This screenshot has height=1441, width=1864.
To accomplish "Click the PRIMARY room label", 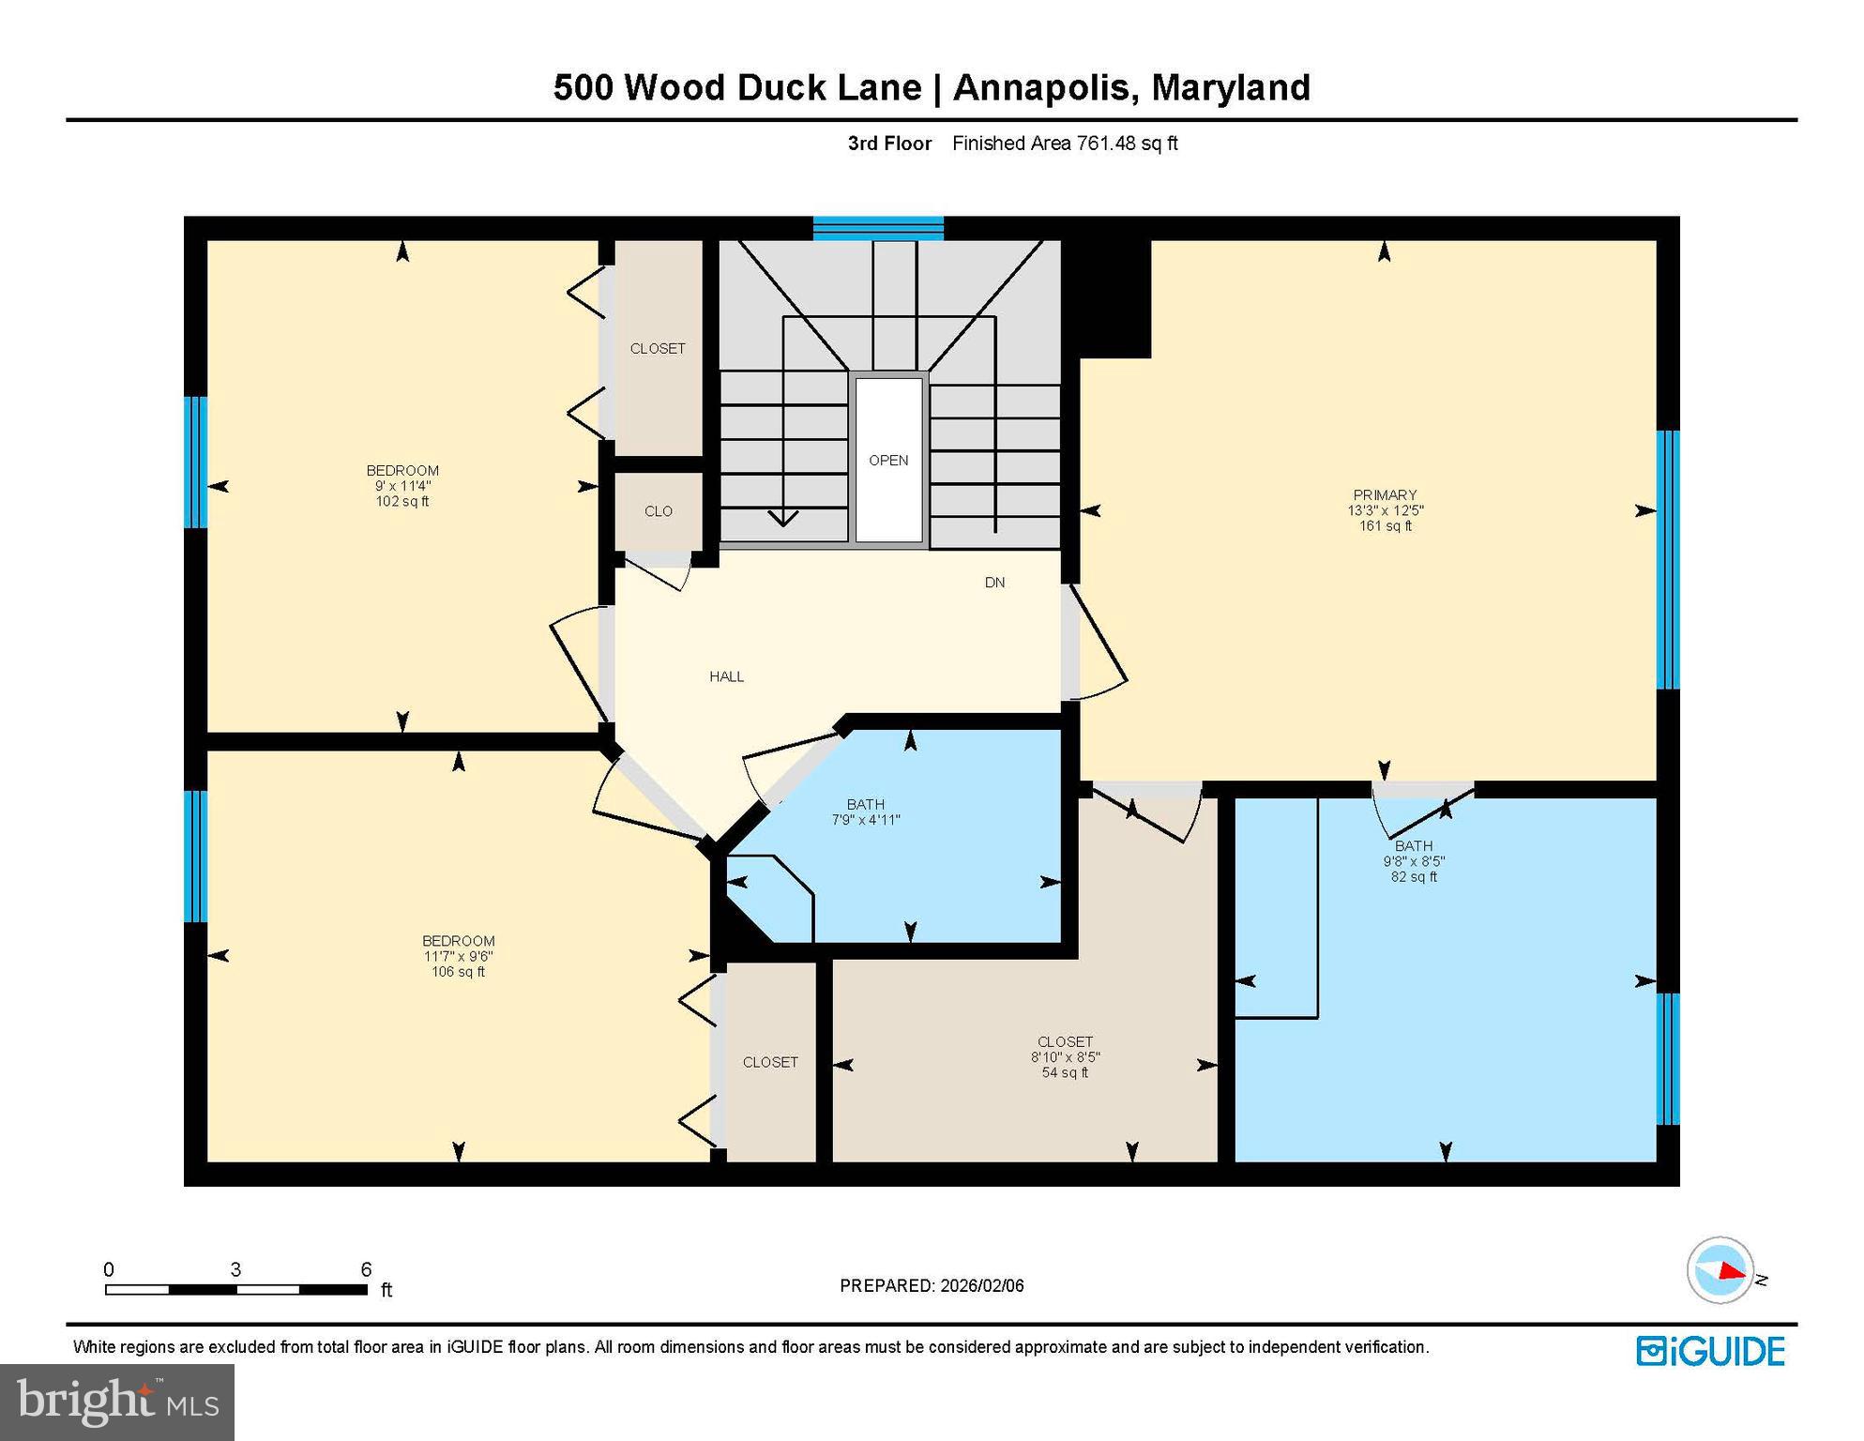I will coord(1385,494).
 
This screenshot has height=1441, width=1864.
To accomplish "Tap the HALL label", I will coord(726,676).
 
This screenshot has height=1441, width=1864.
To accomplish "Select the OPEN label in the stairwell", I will coord(888,460).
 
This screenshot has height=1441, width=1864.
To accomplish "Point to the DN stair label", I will coord(994,583).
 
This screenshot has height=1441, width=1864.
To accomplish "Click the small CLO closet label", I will coord(659,511).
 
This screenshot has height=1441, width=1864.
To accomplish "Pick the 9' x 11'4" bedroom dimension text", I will coord(402,486).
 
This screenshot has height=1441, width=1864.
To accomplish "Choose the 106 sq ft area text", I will coord(458,972).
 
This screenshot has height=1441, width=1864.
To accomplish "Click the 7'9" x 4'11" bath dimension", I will coord(866,820).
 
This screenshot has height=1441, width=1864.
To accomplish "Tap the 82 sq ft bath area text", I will coord(1414,877).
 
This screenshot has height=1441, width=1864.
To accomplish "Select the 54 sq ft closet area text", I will coord(1065,1072).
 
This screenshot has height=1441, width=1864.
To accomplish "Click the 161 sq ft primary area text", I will coord(1386,526).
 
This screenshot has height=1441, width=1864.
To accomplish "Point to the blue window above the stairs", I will coord(878,228).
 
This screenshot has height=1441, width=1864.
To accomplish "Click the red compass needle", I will coord(1732,1271).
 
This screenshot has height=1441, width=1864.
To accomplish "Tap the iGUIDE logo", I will coord(1710,1351).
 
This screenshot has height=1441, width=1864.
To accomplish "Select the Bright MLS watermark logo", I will coord(117,1402).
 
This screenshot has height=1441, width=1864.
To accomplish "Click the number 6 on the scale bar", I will coord(366,1269).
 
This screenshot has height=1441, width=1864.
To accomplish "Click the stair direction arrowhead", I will coord(782,517).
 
